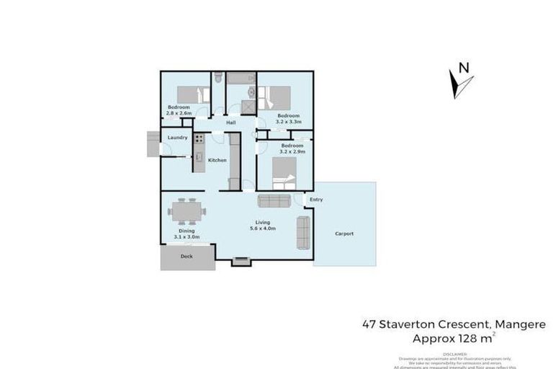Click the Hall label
point(231,123)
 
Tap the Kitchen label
point(217,160)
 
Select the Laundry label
point(177,138)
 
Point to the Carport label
point(344,234)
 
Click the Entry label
point(316,200)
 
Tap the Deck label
point(186,256)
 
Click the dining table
point(187,212)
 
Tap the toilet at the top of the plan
point(217,77)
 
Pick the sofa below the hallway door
point(274,200)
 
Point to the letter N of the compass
point(464,68)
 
